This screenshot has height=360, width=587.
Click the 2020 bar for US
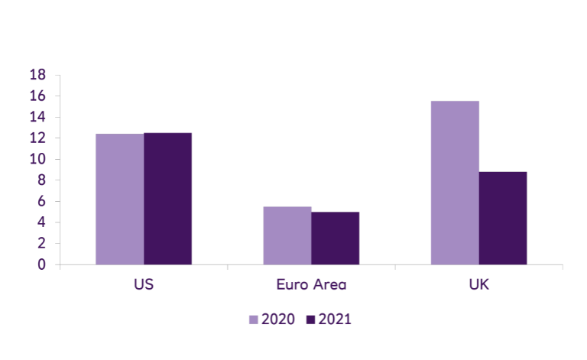point(119,199)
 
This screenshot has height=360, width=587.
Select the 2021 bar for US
point(167,199)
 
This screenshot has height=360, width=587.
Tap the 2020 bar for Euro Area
point(287,235)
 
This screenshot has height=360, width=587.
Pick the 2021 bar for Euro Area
point(335,238)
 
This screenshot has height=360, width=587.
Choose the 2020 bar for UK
point(455,183)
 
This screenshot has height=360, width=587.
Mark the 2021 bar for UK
point(503,218)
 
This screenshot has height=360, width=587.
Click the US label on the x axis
point(144,285)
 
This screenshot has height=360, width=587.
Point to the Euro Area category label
point(311,285)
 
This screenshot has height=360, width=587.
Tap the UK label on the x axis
point(479,285)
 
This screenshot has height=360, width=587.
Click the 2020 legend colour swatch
point(254,319)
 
